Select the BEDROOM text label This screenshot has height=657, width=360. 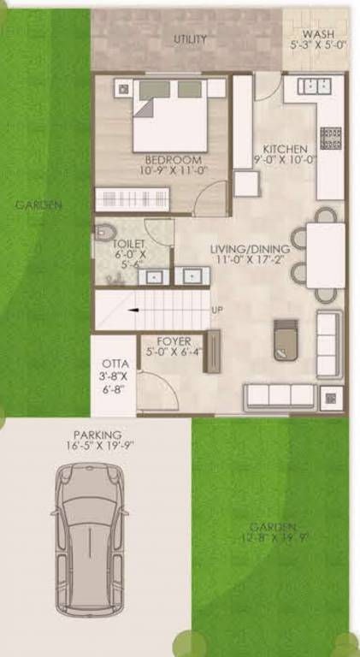[x=173, y=160]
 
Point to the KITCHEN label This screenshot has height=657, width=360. [x=285, y=148]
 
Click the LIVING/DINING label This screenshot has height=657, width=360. [x=250, y=249]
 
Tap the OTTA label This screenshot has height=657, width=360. [x=114, y=363]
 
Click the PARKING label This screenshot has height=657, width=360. [x=97, y=435]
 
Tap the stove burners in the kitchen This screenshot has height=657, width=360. [x=330, y=137]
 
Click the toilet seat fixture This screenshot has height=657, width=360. [x=104, y=230]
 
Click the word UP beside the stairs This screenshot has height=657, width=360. [x=216, y=310]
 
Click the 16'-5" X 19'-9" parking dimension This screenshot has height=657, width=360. [x=97, y=446]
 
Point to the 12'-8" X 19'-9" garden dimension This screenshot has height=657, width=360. [x=274, y=537]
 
